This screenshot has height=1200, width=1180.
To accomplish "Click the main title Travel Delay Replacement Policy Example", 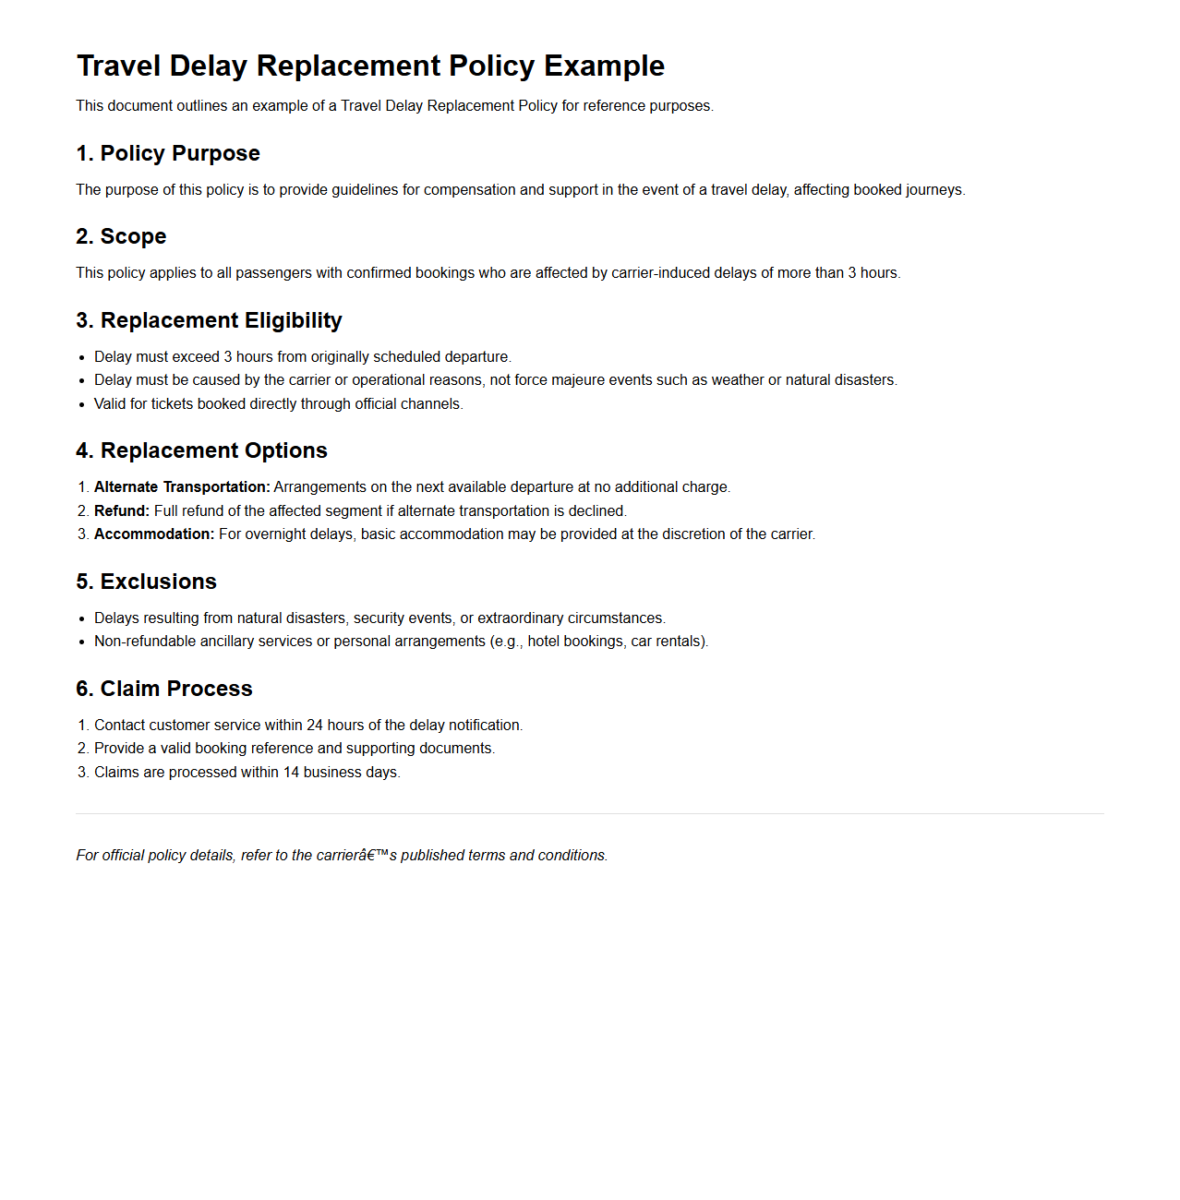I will pyautogui.click(x=370, y=66).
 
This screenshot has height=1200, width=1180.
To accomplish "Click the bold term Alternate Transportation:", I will pyautogui.click(x=182, y=487).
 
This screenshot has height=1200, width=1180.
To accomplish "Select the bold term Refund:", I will pyautogui.click(x=121, y=511).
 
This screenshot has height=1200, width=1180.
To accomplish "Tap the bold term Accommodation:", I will pyautogui.click(x=153, y=534).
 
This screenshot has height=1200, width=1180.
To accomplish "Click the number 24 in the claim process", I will pyautogui.click(x=315, y=726).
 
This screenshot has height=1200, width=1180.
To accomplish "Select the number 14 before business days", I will pyautogui.click(x=291, y=773).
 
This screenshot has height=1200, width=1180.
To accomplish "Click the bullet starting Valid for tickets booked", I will pyautogui.click(x=278, y=404).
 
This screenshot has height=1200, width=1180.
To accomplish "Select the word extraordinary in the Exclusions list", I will pyautogui.click(x=520, y=618).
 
